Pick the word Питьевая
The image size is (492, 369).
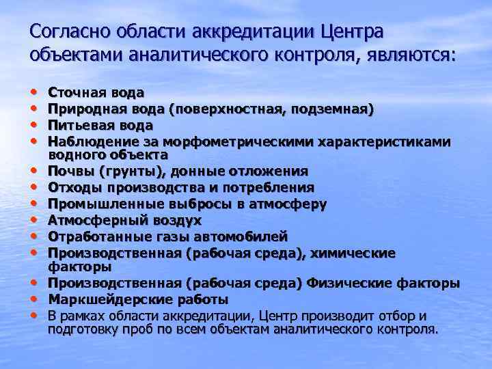79,125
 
